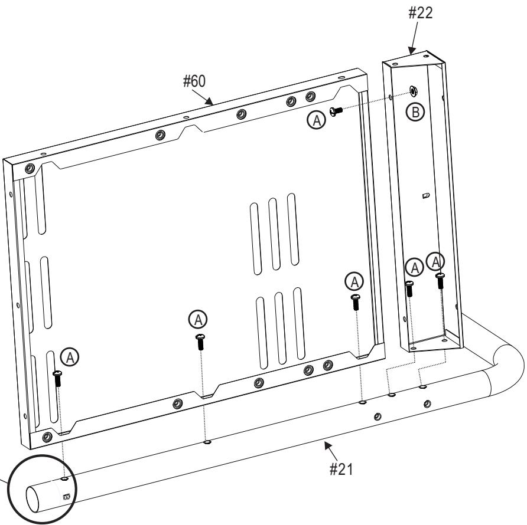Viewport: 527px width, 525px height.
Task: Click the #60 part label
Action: pyautogui.click(x=194, y=81)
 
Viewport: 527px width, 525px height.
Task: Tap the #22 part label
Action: pyautogui.click(x=421, y=13)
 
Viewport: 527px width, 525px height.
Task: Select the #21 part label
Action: pyautogui.click(x=341, y=469)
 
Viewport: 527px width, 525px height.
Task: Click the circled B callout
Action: pyautogui.click(x=415, y=112)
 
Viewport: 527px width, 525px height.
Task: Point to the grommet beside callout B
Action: pyautogui.click(x=413, y=91)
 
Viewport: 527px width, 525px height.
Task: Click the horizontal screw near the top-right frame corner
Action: pyautogui.click(x=336, y=111)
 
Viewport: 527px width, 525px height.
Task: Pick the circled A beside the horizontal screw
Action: pyautogui.click(x=317, y=120)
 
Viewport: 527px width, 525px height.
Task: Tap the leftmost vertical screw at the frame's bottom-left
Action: pyautogui.click(x=58, y=378)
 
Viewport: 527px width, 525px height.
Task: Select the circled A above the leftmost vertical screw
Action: pyautogui.click(x=70, y=357)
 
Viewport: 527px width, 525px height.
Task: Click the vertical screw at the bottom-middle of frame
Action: pyautogui.click(x=200, y=342)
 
